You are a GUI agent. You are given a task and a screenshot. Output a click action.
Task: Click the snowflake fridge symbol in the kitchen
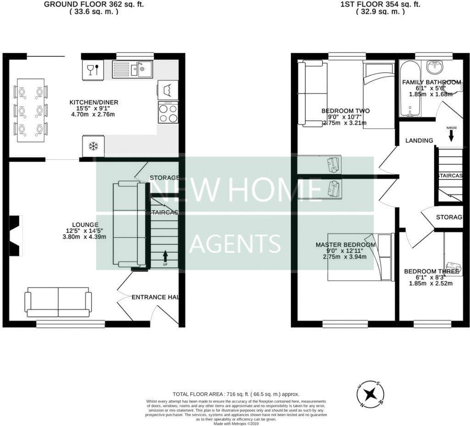click(93, 146)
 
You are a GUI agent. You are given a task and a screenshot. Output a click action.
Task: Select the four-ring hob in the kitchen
click(168, 112)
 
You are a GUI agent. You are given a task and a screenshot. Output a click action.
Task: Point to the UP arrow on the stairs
click(165, 256)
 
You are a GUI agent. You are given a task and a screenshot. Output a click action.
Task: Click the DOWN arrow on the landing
click(451, 135)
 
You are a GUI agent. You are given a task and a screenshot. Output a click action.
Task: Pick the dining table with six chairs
click(31, 111)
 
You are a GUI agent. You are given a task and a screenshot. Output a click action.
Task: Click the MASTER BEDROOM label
click(345, 245)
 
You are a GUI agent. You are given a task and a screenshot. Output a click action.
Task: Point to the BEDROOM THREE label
click(431, 271)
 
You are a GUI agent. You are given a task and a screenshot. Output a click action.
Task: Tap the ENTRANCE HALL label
click(155, 297)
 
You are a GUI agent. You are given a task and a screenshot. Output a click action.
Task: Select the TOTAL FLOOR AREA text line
click(235, 394)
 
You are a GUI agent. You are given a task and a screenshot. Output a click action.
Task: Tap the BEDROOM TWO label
click(345, 111)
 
